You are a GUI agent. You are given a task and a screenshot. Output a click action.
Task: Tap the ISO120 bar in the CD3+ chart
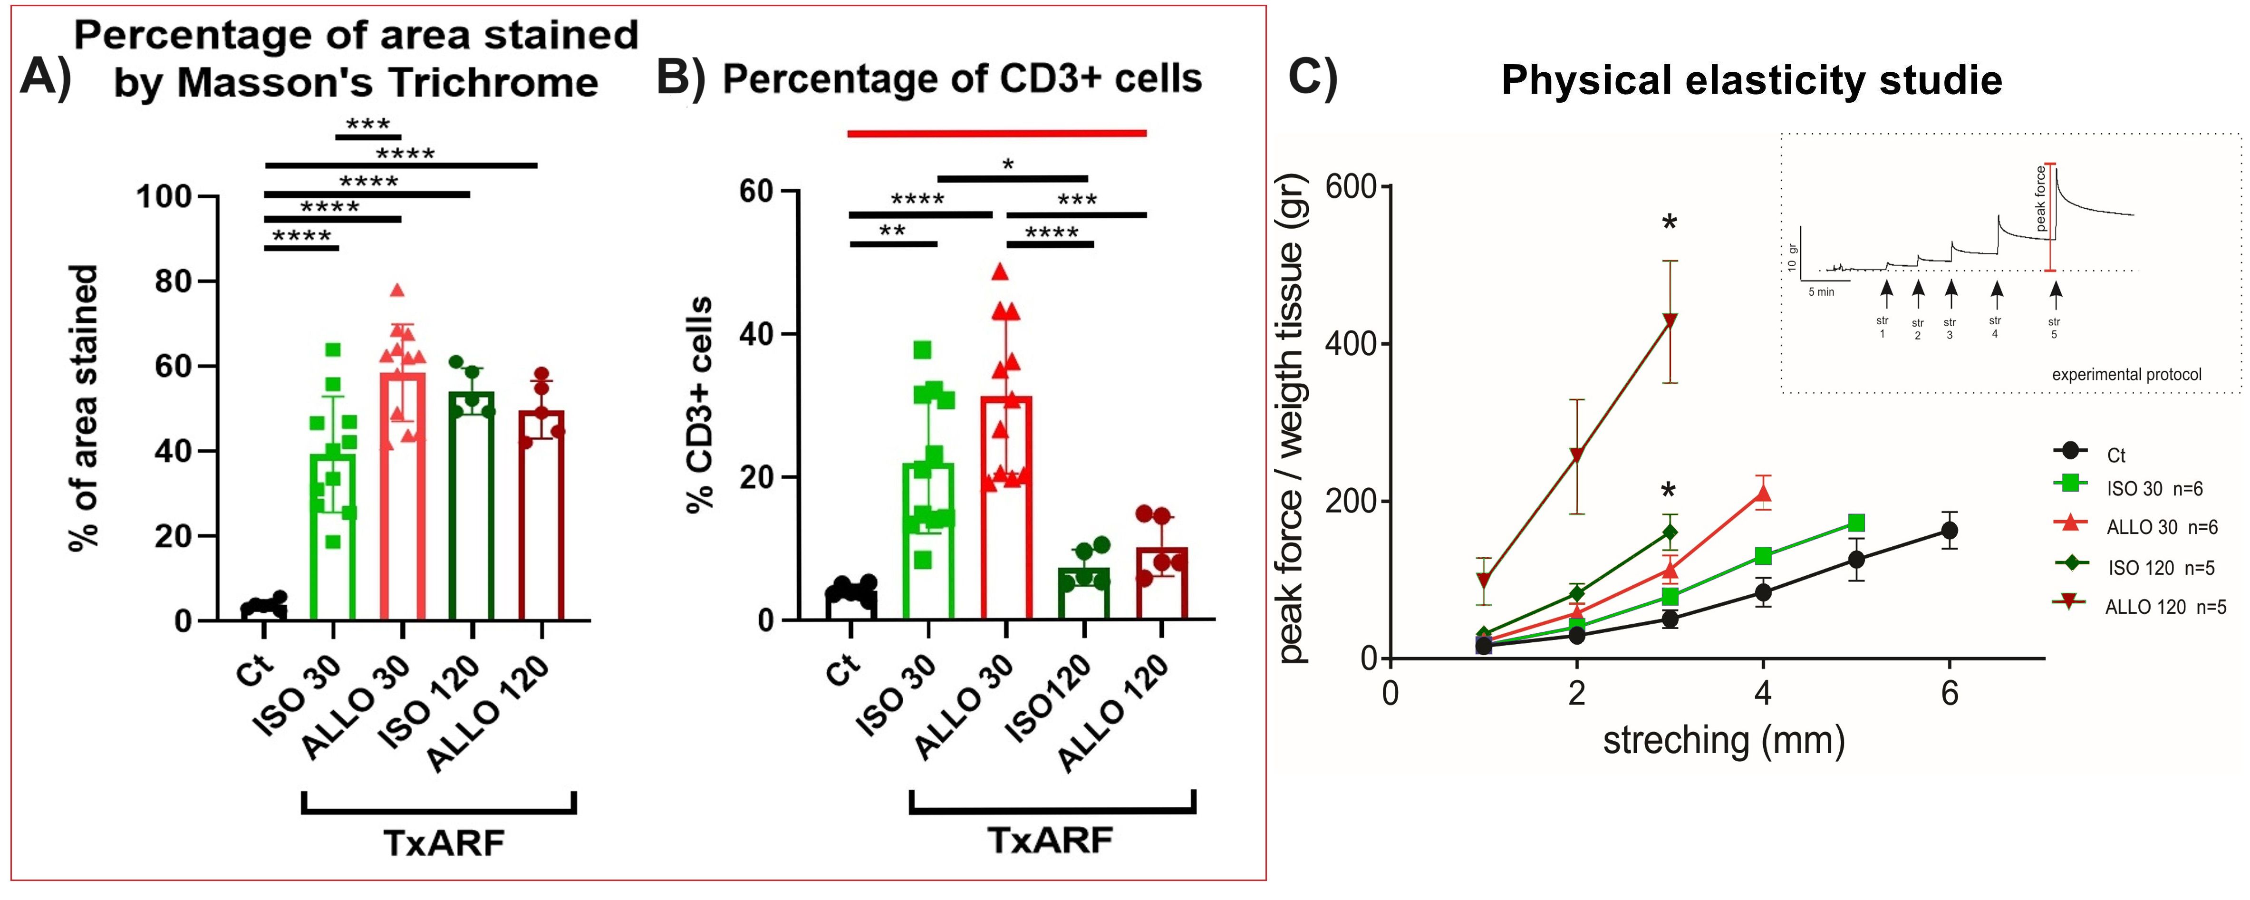pos(1084,594)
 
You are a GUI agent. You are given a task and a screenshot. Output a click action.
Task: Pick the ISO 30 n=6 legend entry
pos(2153,488)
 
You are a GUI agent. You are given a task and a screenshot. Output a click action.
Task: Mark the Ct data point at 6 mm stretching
pos(1949,531)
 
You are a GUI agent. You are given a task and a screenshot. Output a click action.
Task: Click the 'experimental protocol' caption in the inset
pos(2126,375)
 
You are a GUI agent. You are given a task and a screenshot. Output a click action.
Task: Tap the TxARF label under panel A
pos(444,843)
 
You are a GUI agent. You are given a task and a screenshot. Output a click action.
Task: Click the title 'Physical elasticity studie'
pos(1751,80)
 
